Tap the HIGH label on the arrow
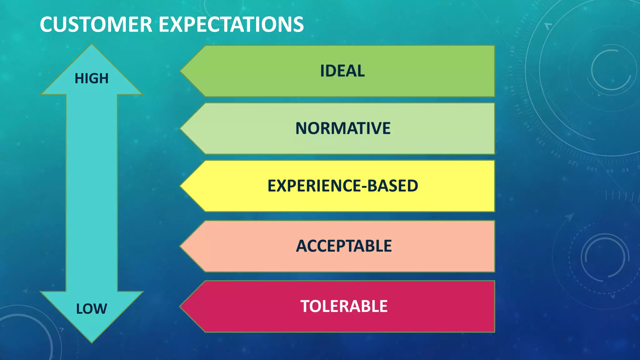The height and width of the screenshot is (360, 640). [x=92, y=78]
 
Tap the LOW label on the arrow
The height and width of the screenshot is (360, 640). [x=92, y=309]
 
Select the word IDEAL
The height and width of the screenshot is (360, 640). [x=342, y=71]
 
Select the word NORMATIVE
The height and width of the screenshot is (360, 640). [x=343, y=128]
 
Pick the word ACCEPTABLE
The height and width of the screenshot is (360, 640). [x=344, y=246]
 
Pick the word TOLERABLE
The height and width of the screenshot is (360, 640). [x=344, y=306]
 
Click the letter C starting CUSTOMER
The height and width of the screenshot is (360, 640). [x=47, y=24]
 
